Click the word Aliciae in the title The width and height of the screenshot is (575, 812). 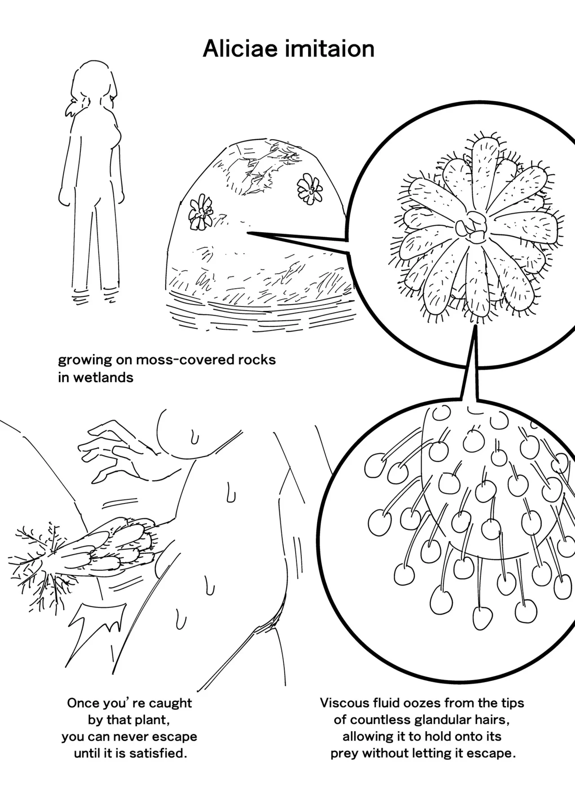tap(240, 49)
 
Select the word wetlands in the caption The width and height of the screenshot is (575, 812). tap(103, 377)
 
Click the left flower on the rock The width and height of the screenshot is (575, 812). tap(200, 212)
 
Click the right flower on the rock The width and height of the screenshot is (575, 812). tap(310, 189)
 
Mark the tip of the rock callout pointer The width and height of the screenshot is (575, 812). tap(248, 233)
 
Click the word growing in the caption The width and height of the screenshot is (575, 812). tap(85, 361)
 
